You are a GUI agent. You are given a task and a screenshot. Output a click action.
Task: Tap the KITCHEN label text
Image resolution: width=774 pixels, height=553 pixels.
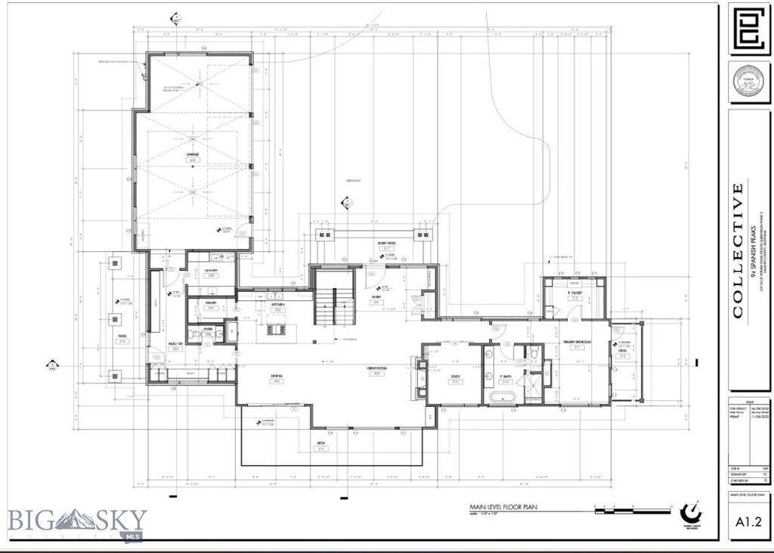tap(277, 304)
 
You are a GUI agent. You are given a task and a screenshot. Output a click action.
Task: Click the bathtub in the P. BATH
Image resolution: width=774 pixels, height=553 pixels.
tap(503, 396)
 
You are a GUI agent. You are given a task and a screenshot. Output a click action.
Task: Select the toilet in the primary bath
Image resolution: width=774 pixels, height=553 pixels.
tap(533, 353)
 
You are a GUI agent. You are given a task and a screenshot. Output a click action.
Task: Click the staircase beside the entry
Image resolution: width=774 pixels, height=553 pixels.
tap(333, 306)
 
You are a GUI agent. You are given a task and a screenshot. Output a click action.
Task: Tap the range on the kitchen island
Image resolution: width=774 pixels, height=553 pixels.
tap(272, 328)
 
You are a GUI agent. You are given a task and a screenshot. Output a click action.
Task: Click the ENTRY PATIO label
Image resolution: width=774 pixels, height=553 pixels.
tap(388, 244)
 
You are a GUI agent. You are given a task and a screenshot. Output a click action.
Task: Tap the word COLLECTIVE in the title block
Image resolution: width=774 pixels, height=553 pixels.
tap(738, 250)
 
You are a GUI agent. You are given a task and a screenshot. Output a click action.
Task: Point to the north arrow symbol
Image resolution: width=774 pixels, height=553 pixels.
tap(689, 510)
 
